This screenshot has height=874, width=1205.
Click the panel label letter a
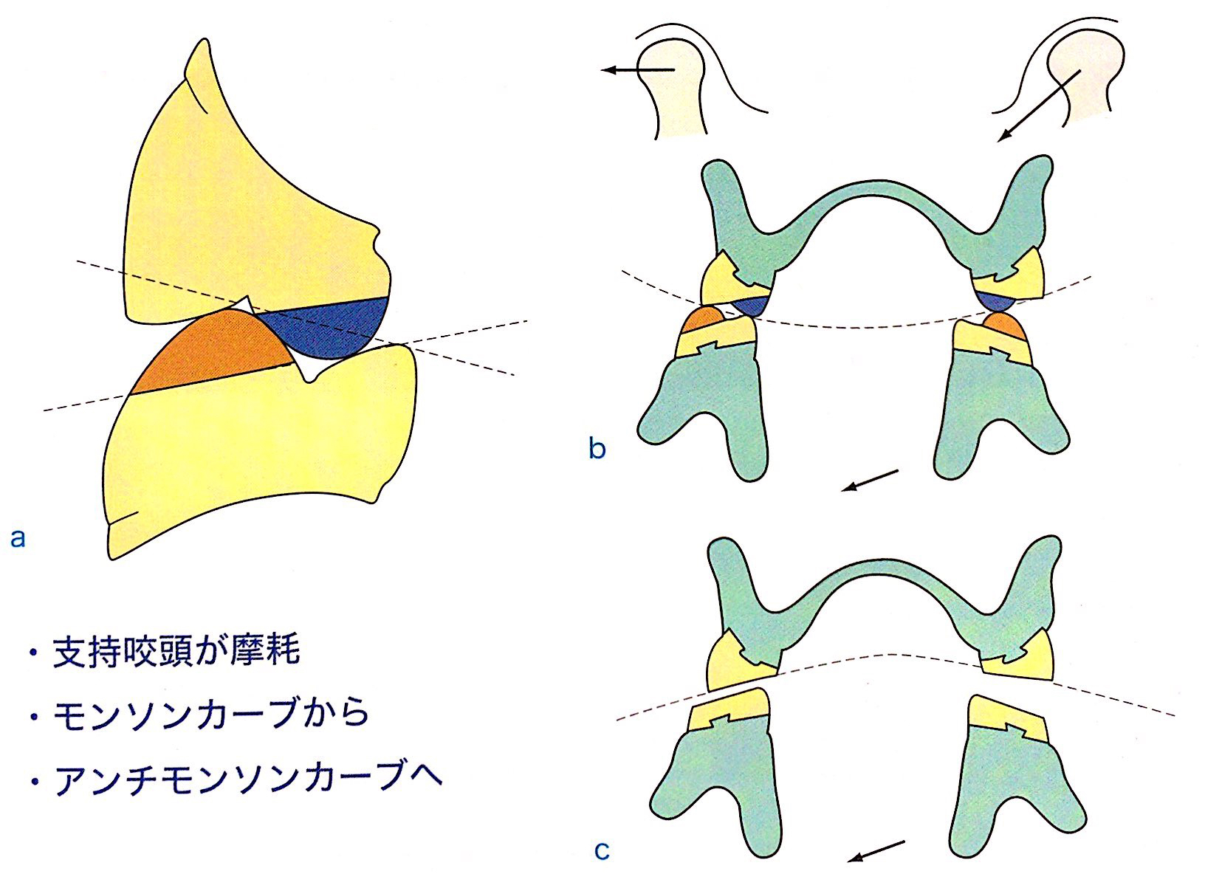18,537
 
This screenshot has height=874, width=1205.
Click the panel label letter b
597,448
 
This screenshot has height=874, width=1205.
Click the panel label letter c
602,850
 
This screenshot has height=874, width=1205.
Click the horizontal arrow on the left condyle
638,70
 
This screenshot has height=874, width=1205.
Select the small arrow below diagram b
871,480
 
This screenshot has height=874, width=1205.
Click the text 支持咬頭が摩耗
176,652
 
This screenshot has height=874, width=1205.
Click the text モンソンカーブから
210,714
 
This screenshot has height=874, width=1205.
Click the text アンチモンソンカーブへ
247,778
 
